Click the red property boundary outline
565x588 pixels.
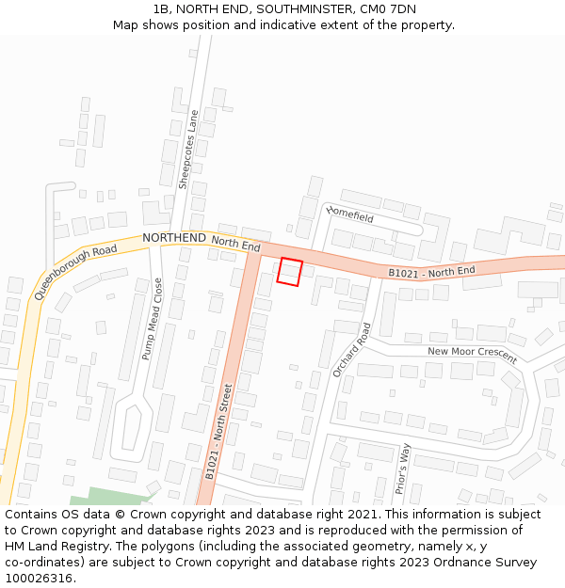click(290, 272)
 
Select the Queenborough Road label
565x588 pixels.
click(76, 271)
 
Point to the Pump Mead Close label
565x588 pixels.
click(152, 319)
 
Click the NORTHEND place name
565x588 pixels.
click(173, 238)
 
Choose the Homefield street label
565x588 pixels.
click(350, 215)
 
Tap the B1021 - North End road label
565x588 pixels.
click(432, 272)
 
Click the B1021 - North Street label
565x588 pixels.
click(218, 432)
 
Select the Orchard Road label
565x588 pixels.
click(352, 351)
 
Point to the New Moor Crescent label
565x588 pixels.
click(472, 355)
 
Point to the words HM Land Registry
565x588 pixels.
click(47, 546)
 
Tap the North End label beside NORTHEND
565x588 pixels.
click(235, 244)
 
